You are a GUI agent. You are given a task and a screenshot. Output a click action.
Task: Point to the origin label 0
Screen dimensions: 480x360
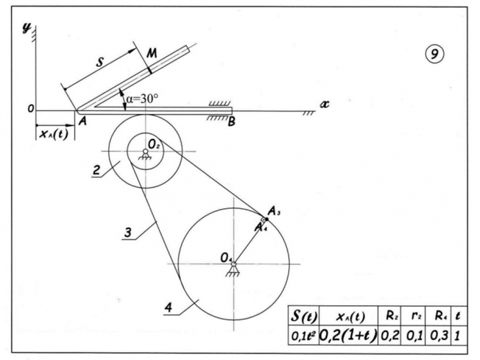click(31, 109)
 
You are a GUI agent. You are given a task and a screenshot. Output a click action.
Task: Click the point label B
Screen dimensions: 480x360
click(231, 122)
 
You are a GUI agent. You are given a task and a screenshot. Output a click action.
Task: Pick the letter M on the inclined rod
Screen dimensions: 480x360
click(152, 55)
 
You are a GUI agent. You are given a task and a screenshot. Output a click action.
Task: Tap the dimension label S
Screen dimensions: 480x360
click(102, 63)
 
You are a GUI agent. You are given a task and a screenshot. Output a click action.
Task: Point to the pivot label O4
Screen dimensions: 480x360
click(226, 257)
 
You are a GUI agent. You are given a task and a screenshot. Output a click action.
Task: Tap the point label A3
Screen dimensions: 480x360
click(275, 210)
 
